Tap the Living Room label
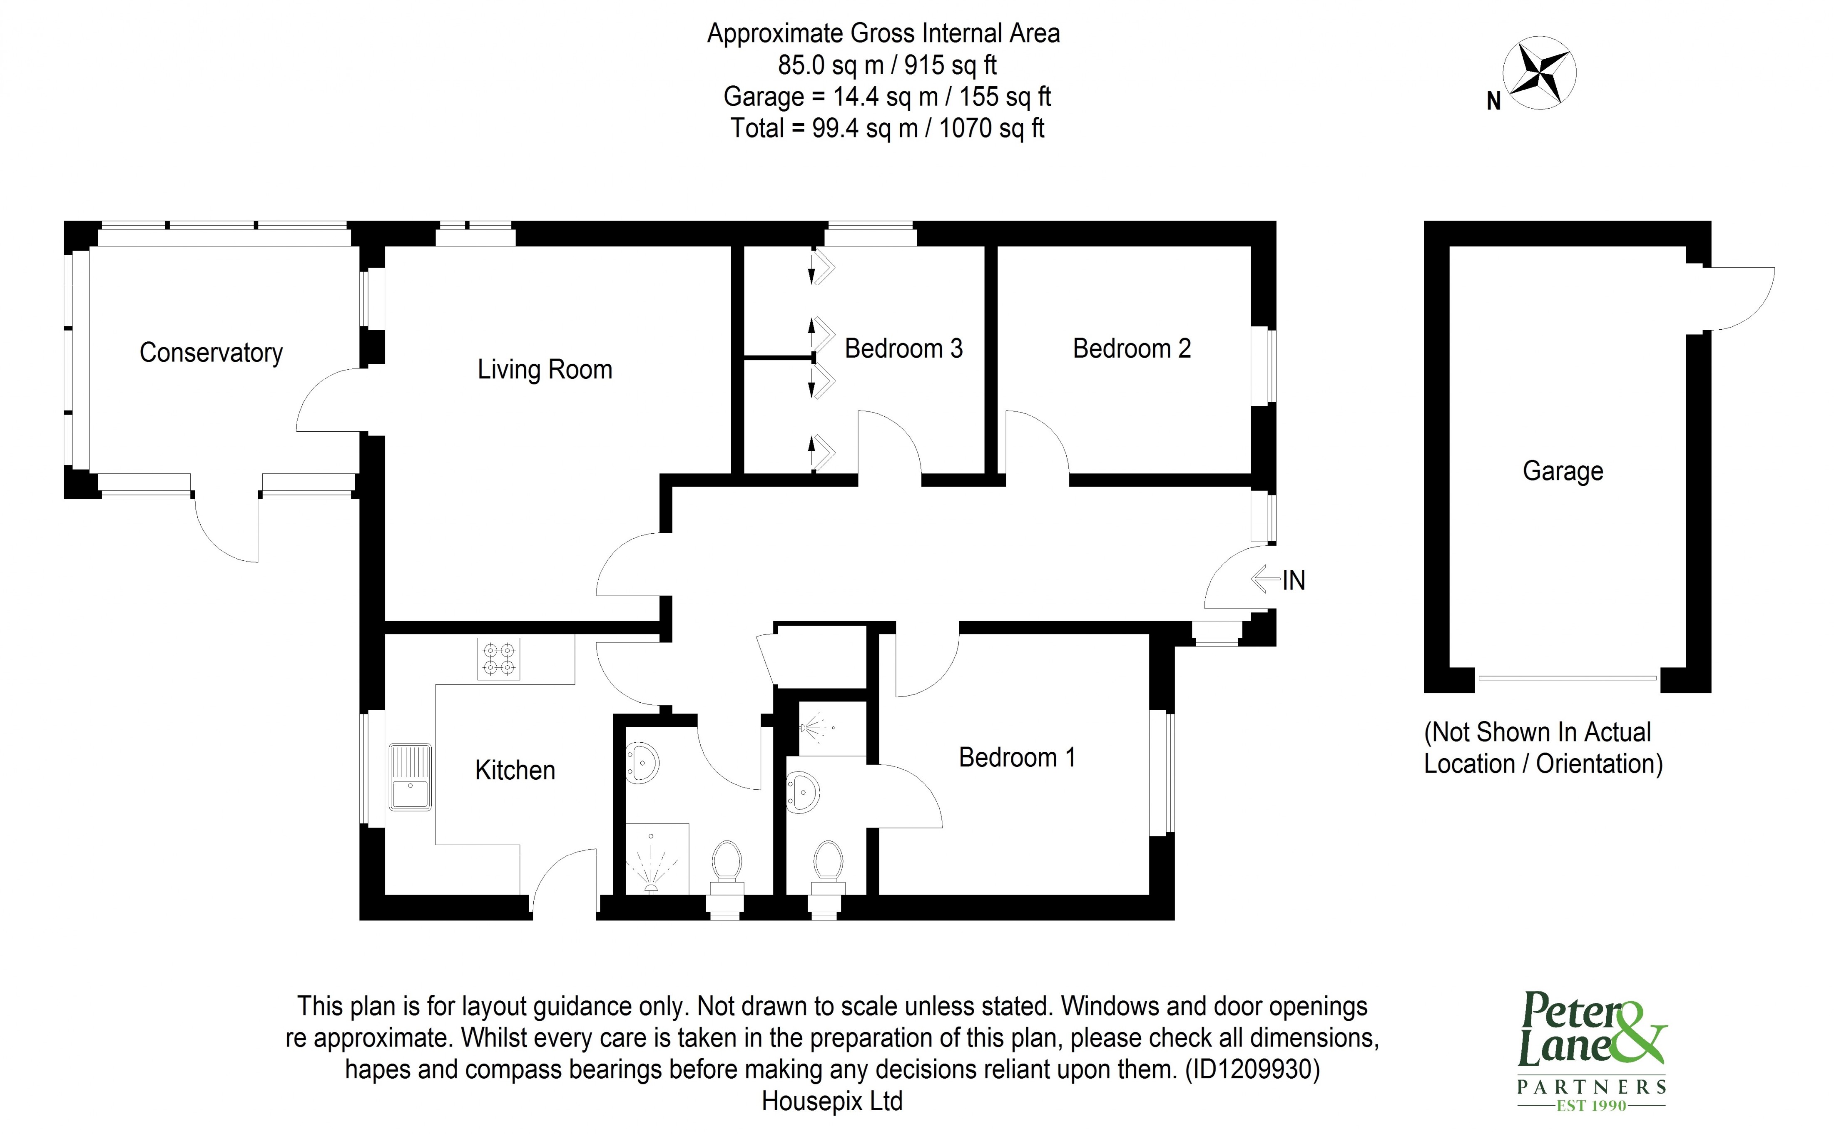[x=545, y=370]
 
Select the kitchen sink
[x=410, y=777]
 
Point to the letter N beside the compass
[x=1493, y=101]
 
